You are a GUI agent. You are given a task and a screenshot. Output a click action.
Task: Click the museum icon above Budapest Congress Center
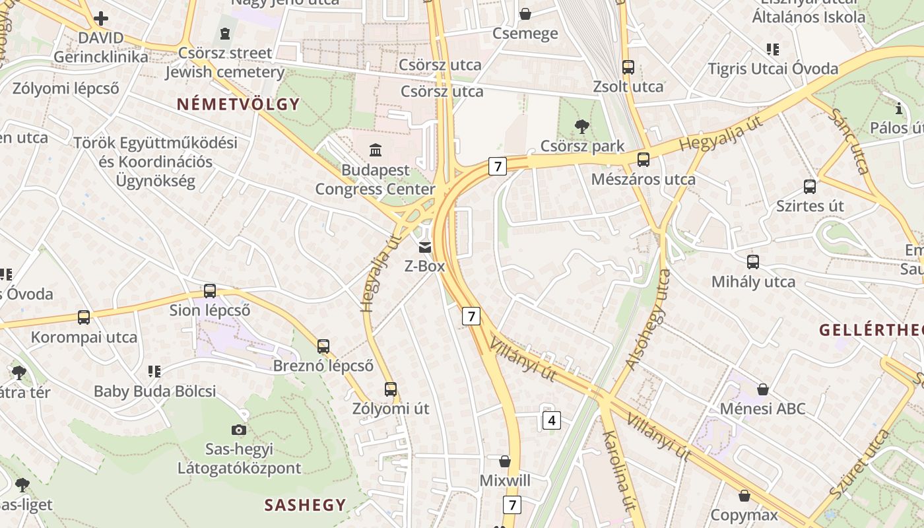[376, 150]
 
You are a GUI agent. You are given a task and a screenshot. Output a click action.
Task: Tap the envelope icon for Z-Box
[424, 247]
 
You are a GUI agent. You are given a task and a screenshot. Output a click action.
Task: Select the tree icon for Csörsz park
[581, 126]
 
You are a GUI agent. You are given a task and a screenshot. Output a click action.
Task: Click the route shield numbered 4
[552, 420]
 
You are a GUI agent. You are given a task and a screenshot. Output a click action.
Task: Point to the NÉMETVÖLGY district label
[238, 104]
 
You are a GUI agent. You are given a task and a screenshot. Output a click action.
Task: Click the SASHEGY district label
[305, 505]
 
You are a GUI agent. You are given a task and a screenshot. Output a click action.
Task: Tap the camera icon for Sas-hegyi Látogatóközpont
[239, 430]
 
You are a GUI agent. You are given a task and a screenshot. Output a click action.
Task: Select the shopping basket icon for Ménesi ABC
[763, 389]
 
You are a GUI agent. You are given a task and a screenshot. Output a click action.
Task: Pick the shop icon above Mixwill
[505, 461]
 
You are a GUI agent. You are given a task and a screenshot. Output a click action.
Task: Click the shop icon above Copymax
[744, 495]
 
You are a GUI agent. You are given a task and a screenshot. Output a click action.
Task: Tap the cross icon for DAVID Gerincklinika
[101, 18]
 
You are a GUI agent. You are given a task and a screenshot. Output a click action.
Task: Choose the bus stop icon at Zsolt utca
[628, 67]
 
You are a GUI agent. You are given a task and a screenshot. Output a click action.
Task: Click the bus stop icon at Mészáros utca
[643, 160]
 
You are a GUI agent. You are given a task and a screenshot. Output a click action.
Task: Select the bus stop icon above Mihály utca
[753, 262]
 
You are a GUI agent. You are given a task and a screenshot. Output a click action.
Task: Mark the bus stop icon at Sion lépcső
[210, 290]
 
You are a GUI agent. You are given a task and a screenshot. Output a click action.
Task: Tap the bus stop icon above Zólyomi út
[391, 389]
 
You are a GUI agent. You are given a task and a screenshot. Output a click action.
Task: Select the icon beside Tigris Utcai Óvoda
[773, 49]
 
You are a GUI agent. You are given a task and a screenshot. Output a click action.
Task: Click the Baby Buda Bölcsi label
[154, 391]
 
